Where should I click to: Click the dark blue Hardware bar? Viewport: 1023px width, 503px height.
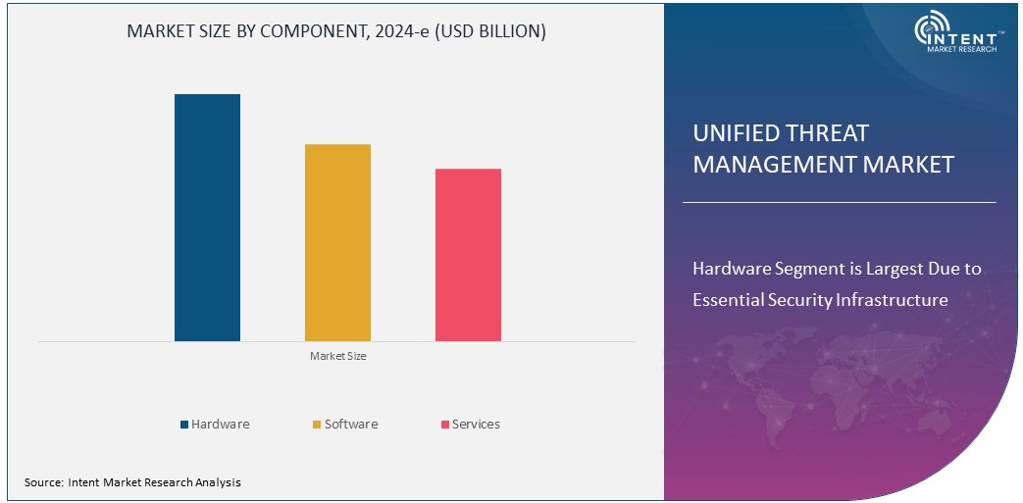(207, 218)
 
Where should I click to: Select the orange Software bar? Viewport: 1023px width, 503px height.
(337, 242)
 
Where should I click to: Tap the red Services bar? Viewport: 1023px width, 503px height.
(468, 255)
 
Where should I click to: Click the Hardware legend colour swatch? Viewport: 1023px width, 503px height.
(183, 425)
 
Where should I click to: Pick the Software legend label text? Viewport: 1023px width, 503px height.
(351, 425)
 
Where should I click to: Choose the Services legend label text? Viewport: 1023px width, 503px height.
(476, 425)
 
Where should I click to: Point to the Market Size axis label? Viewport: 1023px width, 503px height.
(337, 356)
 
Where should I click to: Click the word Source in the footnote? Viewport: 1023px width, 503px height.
(43, 482)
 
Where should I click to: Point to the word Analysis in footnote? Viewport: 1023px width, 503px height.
(218, 482)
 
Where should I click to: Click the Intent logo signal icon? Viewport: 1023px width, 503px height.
(929, 29)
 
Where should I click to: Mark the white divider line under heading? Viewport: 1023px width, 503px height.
(839, 203)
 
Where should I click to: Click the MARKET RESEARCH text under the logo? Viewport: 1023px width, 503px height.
(961, 49)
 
